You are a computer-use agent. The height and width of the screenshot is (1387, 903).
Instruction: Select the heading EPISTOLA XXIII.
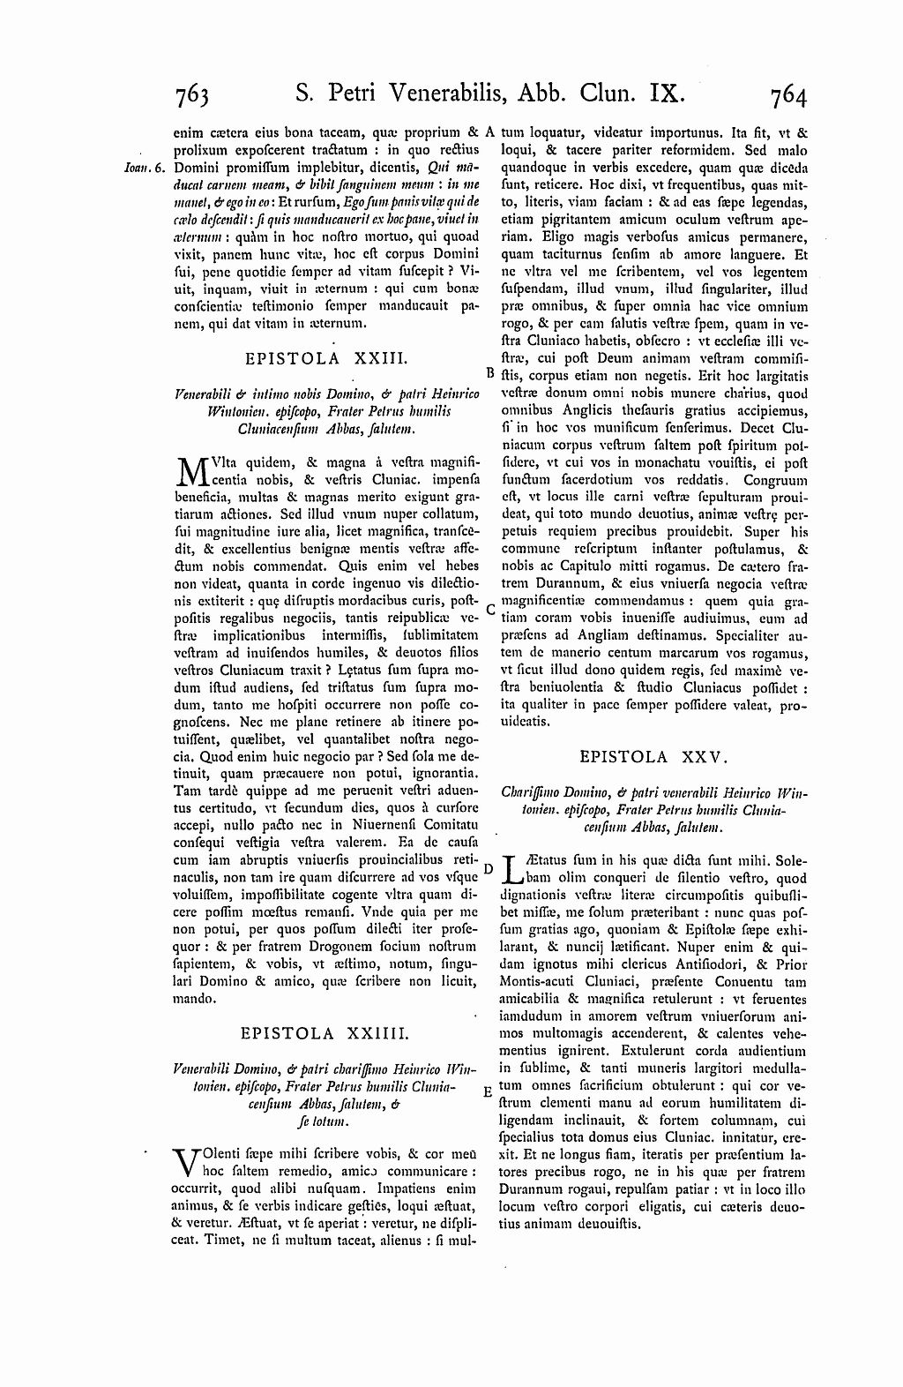click(x=324, y=358)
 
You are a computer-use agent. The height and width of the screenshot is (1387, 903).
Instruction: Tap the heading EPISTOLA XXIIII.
click(x=324, y=1032)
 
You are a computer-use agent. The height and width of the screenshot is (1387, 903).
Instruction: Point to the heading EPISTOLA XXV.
click(x=653, y=756)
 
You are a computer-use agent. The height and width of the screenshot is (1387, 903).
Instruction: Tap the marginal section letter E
click(x=488, y=1091)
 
